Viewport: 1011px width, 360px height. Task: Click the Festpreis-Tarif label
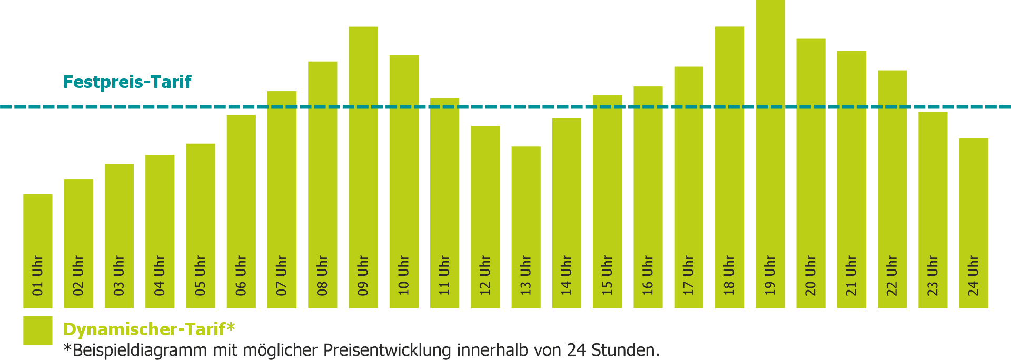pyautogui.click(x=127, y=82)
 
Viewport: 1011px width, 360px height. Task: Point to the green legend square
pyautogui.click(x=38, y=331)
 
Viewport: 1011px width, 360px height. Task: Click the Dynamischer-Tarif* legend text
pyautogui.click(x=149, y=329)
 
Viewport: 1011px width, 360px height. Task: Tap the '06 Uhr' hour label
pyautogui.click(x=241, y=275)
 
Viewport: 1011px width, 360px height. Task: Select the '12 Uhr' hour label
pyautogui.click(x=485, y=275)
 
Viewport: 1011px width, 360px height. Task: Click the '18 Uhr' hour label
pyautogui.click(x=729, y=275)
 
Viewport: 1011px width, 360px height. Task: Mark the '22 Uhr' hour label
pyautogui.click(x=892, y=275)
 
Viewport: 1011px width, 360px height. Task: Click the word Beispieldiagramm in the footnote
pyautogui.click(x=140, y=351)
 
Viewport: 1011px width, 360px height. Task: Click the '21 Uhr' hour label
pyautogui.click(x=851, y=275)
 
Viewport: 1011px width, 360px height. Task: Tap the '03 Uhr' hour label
pyautogui.click(x=119, y=275)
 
